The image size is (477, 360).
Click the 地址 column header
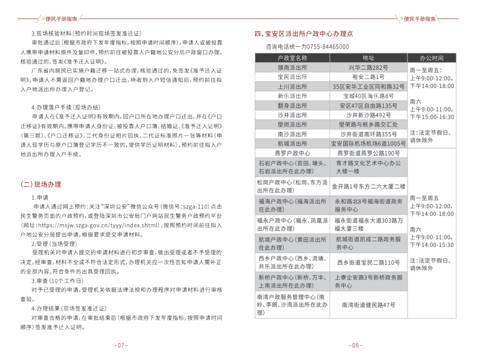point(368,58)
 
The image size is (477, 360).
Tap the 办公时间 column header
point(432,58)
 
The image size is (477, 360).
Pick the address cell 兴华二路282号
point(368,67)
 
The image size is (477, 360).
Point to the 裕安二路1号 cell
point(368,76)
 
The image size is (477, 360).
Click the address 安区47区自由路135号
point(368,105)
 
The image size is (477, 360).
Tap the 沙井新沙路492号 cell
point(368,114)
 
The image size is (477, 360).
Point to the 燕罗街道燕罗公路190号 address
point(368,153)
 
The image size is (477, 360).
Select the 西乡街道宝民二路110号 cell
point(368,262)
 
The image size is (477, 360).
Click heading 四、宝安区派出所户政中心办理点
point(304,34)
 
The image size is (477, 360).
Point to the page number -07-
point(120,345)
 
